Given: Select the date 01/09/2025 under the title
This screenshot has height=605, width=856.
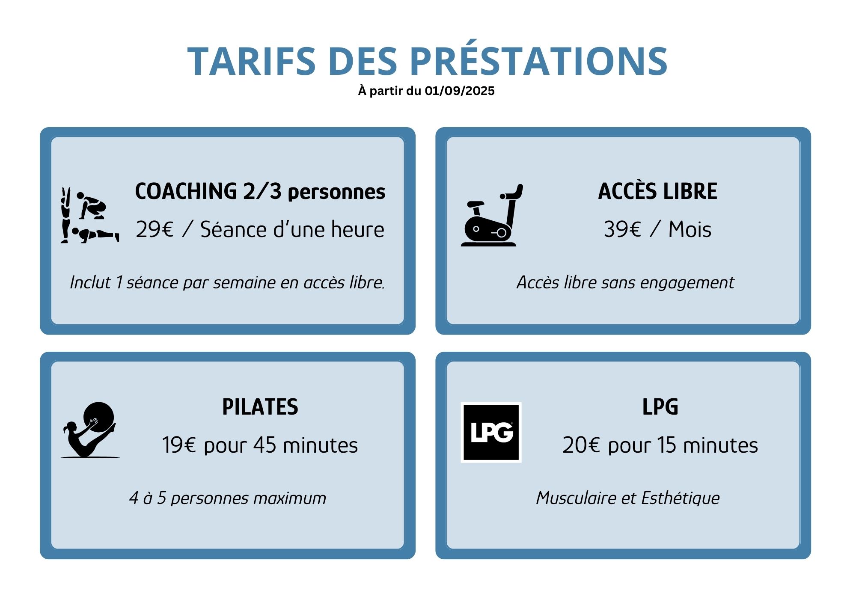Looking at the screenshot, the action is click(459, 91).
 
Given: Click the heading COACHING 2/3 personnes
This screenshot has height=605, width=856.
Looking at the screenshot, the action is click(260, 191).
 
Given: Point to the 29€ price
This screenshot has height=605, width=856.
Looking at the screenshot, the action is click(155, 229).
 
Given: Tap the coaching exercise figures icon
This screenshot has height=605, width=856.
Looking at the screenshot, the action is click(90, 215).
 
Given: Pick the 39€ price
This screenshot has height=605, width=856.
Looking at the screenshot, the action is click(622, 229).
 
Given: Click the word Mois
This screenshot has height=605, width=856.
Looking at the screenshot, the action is click(690, 229).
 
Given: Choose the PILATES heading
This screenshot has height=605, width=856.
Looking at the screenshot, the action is click(260, 407).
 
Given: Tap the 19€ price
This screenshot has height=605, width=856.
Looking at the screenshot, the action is click(179, 445).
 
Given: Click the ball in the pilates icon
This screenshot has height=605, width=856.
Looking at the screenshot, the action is click(99, 418).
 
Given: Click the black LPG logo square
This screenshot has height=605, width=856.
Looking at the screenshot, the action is click(491, 432).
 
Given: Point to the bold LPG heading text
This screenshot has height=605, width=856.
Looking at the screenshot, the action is click(660, 407).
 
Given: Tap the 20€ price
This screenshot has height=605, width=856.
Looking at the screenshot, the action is click(581, 445).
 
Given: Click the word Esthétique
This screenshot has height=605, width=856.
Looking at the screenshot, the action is click(681, 498).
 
